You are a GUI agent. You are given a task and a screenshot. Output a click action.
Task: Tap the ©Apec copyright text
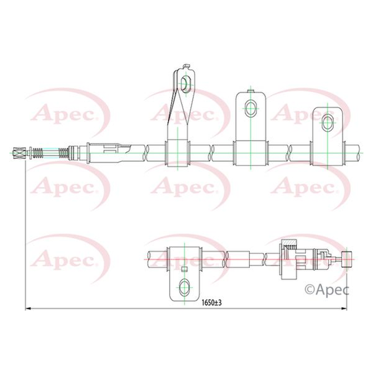coord(327,290)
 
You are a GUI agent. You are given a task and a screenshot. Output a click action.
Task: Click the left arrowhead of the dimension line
coord(28,309)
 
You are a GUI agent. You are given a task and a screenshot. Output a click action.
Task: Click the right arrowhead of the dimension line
coord(344,309)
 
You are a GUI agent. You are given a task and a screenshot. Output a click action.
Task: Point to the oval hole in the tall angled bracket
coord(184,84)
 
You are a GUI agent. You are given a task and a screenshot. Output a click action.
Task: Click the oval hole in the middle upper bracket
coord(251,108)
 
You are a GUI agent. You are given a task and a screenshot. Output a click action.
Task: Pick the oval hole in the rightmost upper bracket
coord(328,122)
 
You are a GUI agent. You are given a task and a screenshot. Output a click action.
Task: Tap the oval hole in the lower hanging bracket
coord(184,287)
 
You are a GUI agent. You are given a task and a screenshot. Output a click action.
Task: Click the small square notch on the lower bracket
coord(185,269)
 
